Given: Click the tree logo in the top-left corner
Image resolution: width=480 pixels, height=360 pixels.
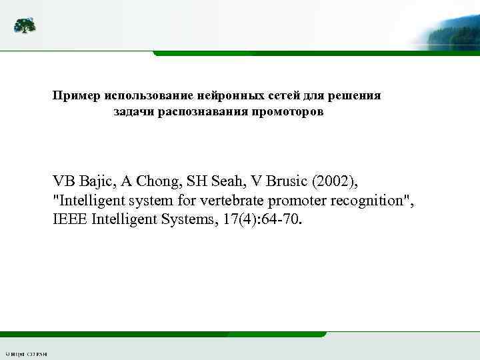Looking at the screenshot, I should coord(25,25).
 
